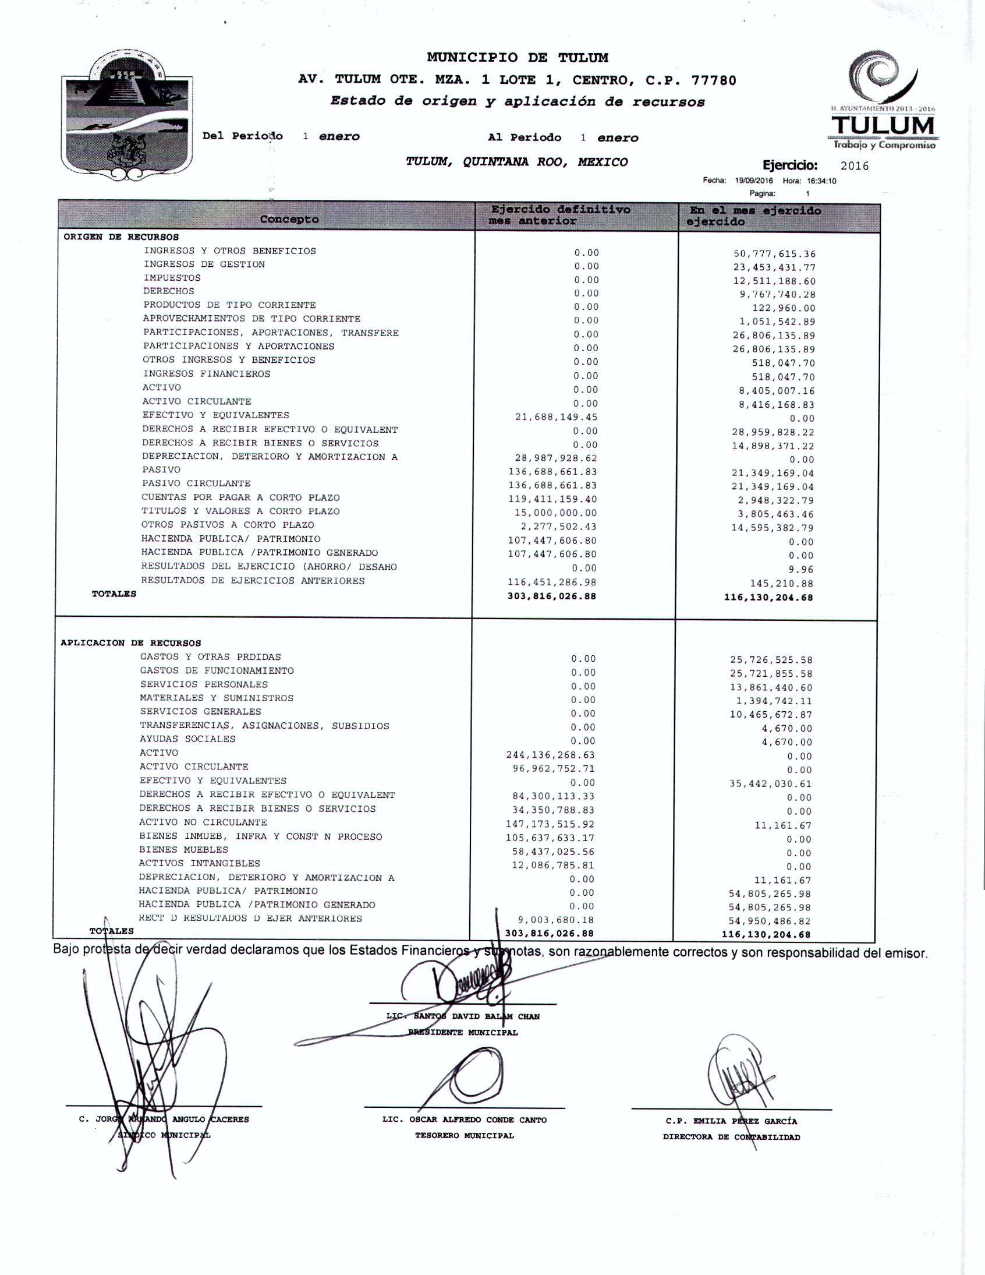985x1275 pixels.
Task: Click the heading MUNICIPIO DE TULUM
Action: point(517,58)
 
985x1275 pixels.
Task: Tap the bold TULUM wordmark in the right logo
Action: point(883,126)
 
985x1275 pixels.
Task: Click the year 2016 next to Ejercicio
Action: point(854,167)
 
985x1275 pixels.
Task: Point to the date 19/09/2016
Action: point(754,181)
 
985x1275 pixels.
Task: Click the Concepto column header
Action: point(289,220)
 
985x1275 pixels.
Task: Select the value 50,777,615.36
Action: point(774,254)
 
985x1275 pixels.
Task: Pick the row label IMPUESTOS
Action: point(172,278)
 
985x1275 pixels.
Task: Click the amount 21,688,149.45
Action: point(556,418)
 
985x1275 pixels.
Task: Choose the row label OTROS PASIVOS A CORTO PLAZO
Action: point(228,525)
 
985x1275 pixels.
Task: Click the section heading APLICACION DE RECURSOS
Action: point(131,643)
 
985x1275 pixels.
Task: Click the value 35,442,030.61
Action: point(770,784)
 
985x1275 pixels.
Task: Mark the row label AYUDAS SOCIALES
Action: point(187,739)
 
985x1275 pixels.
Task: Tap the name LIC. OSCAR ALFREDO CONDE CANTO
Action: point(465,1119)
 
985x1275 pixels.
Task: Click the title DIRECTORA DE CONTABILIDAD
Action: point(731,1136)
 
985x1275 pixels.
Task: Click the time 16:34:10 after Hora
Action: point(821,181)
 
